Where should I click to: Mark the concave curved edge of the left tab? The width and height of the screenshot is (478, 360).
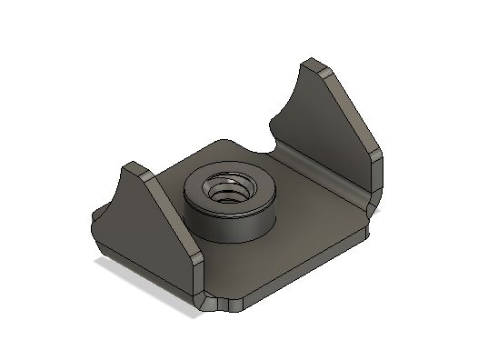pyautogui.click(x=116, y=195)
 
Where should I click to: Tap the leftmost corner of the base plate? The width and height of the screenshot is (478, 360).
pyautogui.click(x=94, y=219)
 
